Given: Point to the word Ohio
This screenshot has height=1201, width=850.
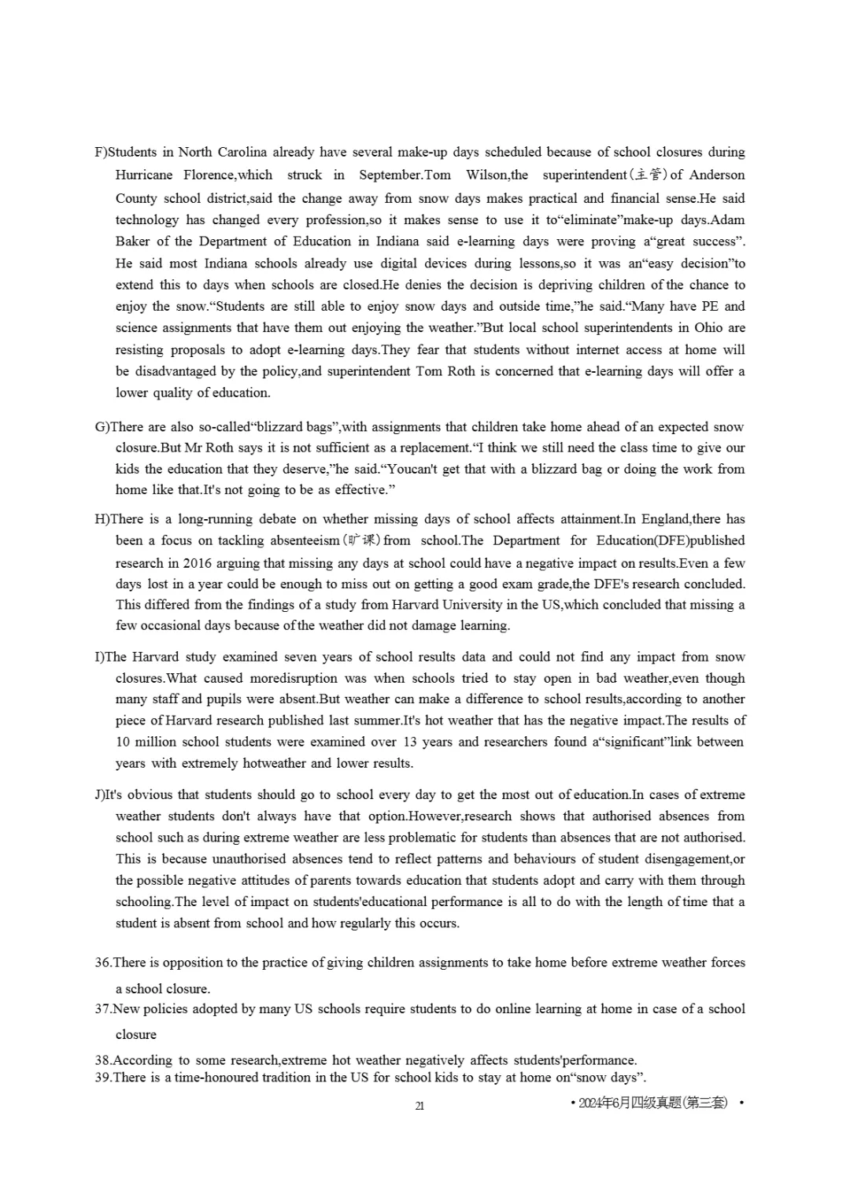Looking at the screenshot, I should point(708,328).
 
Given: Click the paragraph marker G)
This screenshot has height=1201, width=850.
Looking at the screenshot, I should point(102,427).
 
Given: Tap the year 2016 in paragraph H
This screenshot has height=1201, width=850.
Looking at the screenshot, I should point(197,563).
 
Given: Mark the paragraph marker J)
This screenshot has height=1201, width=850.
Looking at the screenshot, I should point(99,794).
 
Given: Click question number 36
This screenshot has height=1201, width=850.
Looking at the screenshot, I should point(102,963).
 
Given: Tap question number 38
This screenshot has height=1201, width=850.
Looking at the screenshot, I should point(102,1060).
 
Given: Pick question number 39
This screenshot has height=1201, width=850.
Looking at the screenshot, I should point(102,1078).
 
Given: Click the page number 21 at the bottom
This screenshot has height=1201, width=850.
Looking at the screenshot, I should point(419,1106).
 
